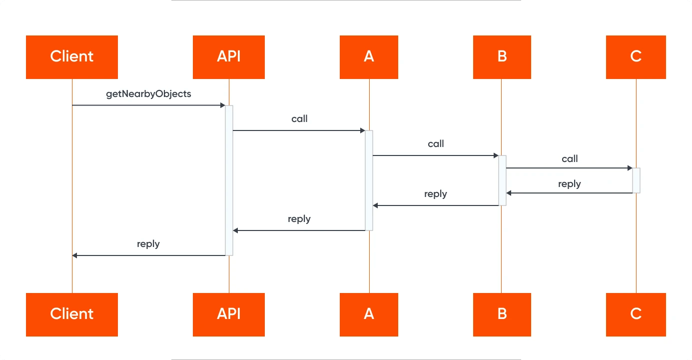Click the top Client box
72,57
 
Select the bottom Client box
72,314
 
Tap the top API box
229,57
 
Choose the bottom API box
229,314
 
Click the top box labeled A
369,57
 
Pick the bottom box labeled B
502,314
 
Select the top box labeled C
636,57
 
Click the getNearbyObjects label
148,94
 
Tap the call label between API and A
299,119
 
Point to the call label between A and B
436,144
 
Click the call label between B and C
570,159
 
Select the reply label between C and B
570,184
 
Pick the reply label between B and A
436,194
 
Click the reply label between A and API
299,219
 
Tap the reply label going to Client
148,244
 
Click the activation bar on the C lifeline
636,180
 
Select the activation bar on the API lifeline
229,180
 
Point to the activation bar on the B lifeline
502,180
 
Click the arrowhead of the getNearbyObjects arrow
222,105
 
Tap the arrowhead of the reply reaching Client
75,255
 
